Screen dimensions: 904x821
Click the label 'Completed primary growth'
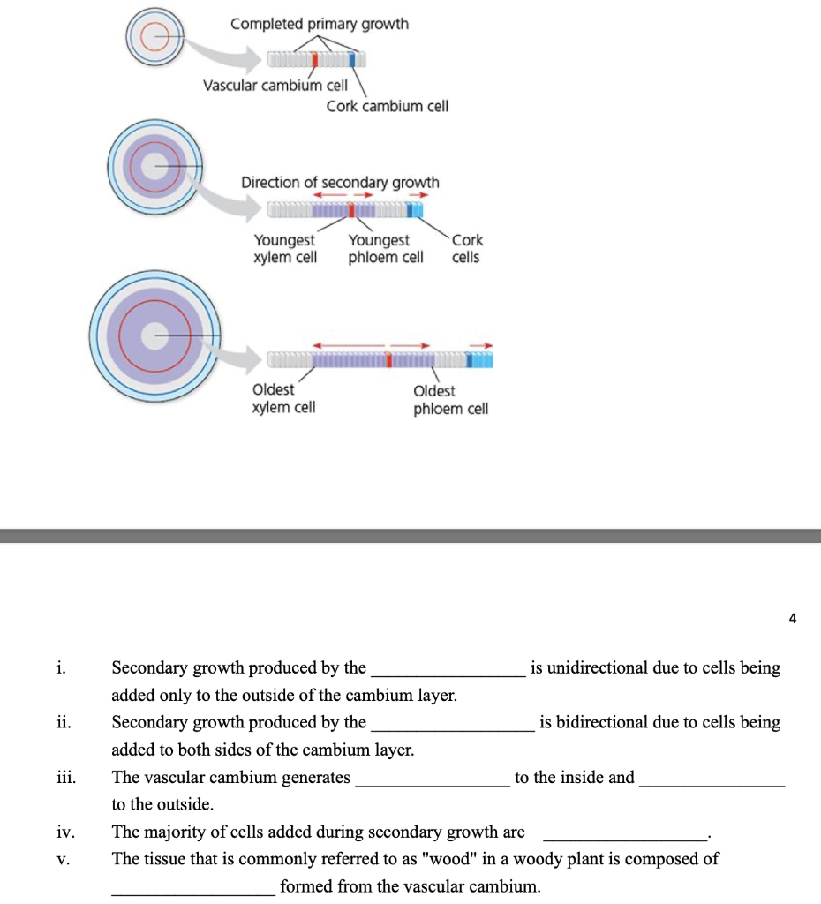pyautogui.click(x=320, y=24)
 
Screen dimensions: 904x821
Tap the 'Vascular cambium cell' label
pyautogui.click(x=275, y=86)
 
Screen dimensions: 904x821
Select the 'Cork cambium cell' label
pyautogui.click(x=388, y=107)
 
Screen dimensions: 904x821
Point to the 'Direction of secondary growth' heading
pyautogui.click(x=340, y=183)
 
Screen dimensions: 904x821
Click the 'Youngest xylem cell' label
pyautogui.click(x=285, y=248)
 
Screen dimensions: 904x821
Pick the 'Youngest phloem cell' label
pyautogui.click(x=386, y=248)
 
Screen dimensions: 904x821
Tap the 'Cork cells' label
pyautogui.click(x=467, y=248)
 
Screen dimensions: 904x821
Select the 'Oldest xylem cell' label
pyautogui.click(x=283, y=398)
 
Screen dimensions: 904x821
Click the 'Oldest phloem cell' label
pyautogui.click(x=450, y=400)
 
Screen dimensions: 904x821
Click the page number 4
pyautogui.click(x=792, y=619)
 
